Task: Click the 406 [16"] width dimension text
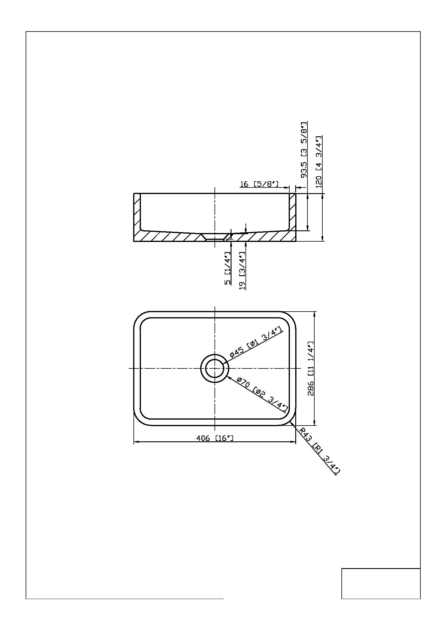(x=215, y=438)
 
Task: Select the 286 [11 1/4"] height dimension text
(x=311, y=368)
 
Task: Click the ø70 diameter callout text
(x=262, y=395)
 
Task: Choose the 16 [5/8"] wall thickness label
(x=259, y=184)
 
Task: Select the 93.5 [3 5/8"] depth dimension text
(x=304, y=150)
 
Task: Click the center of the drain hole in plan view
(x=215, y=368)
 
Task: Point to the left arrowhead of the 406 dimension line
(x=136, y=442)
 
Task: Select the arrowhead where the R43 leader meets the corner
(x=291, y=424)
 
